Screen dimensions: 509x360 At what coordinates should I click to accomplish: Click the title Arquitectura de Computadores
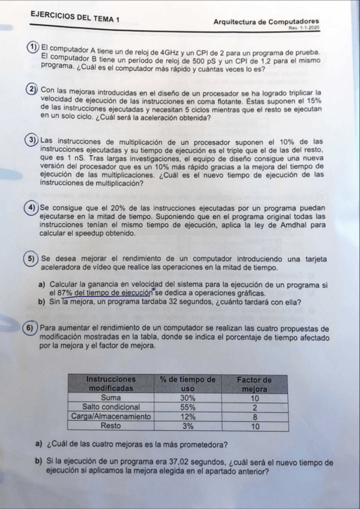pos(266,22)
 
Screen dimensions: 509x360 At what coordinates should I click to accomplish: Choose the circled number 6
pos(29,328)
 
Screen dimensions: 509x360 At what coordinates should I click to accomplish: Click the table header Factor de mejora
pos(254,384)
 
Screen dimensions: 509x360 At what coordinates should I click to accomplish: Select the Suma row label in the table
pos(111,397)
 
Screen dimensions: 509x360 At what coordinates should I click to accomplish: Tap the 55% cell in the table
pos(188,406)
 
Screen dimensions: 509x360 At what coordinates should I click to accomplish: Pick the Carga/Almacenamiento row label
pos(111,416)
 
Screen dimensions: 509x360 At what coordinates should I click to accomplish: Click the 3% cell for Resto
pos(188,426)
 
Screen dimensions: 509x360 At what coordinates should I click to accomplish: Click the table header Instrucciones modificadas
pos(111,384)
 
